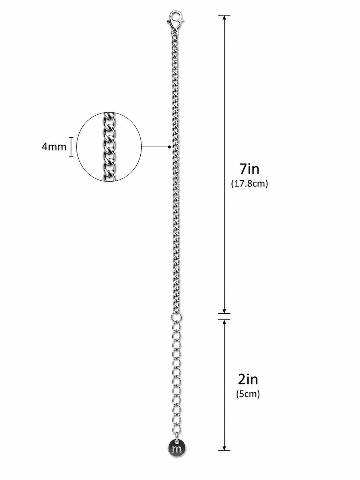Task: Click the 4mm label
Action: [54, 147]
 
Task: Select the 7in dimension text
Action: [249, 169]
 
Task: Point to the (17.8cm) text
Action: [249, 183]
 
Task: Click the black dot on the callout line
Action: [169, 147]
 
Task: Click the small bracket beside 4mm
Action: [71, 147]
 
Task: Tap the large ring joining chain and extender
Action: [176, 317]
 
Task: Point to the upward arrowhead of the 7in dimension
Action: [224, 18]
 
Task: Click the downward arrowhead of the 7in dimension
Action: [224, 311]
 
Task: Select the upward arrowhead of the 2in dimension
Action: [224, 322]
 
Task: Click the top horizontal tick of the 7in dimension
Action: [224, 15]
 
